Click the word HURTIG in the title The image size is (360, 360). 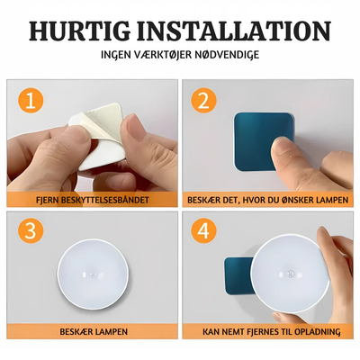coord(80,31)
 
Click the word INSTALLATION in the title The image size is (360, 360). coord(234,31)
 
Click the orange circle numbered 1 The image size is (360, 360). coord(31,101)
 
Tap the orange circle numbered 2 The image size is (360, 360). coord(204,101)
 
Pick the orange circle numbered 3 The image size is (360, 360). coord(31,231)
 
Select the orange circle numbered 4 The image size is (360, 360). coord(204,231)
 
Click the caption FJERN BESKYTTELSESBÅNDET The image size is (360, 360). coord(93,200)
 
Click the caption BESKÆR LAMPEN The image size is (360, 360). coord(94,331)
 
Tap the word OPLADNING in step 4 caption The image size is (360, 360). coord(318,331)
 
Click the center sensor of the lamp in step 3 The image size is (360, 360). coord(93,274)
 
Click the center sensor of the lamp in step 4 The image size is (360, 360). coord(290,273)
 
